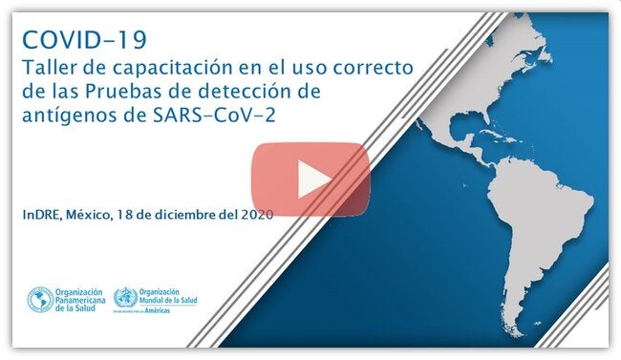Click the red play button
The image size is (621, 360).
pos(310,179)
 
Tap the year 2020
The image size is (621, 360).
pos(256,214)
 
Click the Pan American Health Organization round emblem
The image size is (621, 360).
pos(39,300)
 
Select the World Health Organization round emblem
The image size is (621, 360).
pos(124,298)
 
